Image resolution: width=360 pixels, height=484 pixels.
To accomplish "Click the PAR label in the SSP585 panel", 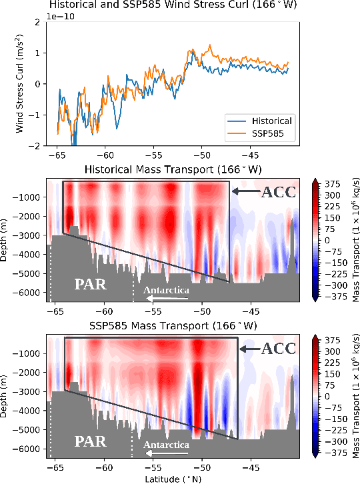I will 89,441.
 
